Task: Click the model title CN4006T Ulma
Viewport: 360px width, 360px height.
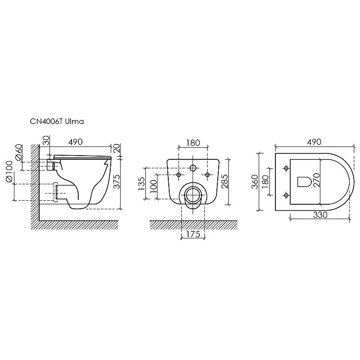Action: tap(57, 121)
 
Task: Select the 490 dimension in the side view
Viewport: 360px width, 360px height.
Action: tap(76, 142)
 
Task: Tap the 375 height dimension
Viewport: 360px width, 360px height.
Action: tap(117, 181)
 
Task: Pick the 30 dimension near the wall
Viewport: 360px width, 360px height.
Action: tap(46, 140)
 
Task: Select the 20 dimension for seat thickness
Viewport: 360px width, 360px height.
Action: tap(117, 148)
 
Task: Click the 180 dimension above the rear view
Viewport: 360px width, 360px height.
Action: tap(193, 143)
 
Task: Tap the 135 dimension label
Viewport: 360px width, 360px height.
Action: tap(141, 184)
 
